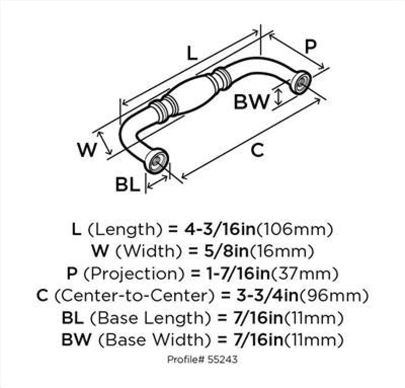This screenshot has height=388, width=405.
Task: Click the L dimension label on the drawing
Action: click(192, 54)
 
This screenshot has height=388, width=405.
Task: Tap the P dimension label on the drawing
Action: click(310, 46)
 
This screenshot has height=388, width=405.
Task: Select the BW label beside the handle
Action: click(252, 101)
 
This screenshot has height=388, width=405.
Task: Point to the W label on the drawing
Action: click(87, 149)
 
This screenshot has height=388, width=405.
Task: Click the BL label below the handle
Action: click(128, 184)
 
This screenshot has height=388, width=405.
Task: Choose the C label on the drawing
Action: click(258, 149)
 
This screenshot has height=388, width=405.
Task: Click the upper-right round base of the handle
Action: click(300, 82)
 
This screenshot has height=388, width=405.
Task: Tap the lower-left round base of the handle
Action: click(156, 161)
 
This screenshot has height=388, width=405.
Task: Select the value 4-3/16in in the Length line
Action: click(220, 229)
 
